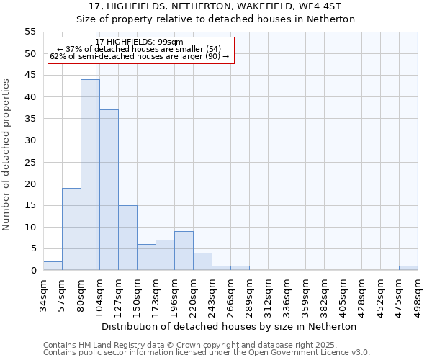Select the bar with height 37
(x=109, y=190)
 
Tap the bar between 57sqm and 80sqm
(x=71, y=229)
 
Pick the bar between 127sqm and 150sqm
(x=127, y=238)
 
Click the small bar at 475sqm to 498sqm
(x=408, y=268)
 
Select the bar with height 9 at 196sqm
(x=184, y=251)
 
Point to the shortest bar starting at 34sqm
(x=53, y=266)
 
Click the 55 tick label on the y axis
(x=30, y=32)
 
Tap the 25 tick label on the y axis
(x=30, y=162)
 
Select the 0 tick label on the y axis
(x=33, y=271)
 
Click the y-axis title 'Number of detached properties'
(x=7, y=155)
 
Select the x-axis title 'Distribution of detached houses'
(x=230, y=326)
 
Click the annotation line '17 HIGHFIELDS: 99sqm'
(x=140, y=42)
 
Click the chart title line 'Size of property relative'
(x=215, y=19)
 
